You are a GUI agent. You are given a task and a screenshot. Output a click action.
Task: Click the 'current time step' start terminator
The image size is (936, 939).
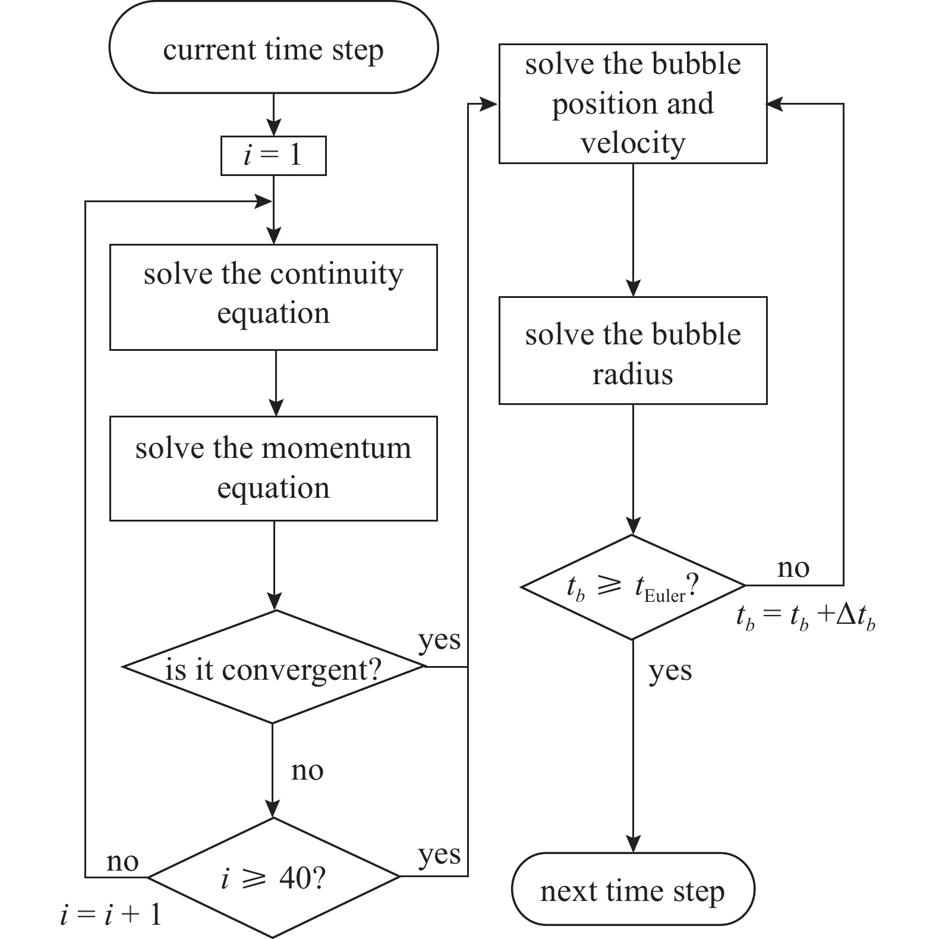click(x=273, y=48)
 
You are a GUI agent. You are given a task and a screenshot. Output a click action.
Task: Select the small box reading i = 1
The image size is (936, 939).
click(x=273, y=156)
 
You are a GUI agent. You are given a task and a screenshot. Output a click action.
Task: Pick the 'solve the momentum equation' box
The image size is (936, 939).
click(x=273, y=468)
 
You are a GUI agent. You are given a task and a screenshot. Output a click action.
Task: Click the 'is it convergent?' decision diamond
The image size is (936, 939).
click(x=273, y=668)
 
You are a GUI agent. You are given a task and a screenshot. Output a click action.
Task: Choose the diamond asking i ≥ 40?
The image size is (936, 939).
click(x=273, y=877)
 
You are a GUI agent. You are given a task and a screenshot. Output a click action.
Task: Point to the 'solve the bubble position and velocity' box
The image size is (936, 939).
click(x=632, y=103)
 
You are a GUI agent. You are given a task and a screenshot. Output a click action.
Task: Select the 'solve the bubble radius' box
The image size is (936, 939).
click(x=632, y=351)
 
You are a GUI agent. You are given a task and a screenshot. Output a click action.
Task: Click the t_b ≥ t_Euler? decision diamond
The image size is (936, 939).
click(x=632, y=588)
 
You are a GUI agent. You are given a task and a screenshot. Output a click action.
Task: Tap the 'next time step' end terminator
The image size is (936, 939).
click(x=632, y=890)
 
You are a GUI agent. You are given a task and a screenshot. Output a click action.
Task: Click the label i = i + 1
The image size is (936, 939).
click(x=111, y=915)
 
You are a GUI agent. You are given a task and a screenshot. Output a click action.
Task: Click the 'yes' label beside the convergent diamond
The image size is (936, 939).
click(x=439, y=641)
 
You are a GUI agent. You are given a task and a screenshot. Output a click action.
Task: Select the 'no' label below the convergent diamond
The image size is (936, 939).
click(x=307, y=771)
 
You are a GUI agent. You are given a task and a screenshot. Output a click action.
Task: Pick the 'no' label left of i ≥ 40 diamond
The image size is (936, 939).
click(x=122, y=861)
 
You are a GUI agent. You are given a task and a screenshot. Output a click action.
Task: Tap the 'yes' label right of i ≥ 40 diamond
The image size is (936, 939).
click(x=439, y=855)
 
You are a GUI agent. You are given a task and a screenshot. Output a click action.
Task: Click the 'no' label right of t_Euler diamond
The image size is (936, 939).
click(x=793, y=568)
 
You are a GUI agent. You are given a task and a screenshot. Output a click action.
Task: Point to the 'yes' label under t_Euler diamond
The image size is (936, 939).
click(x=670, y=671)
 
